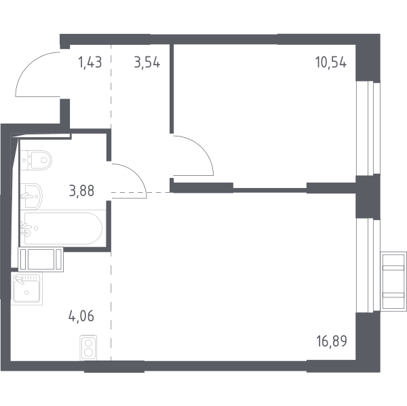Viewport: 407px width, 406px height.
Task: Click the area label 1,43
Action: point(90,62)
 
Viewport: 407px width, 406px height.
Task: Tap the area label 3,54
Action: point(147,62)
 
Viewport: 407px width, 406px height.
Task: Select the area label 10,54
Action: point(331,62)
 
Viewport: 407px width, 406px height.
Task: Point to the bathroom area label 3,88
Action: point(81,191)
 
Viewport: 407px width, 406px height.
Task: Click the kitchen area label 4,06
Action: point(81,316)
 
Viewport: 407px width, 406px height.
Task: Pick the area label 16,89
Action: point(332,341)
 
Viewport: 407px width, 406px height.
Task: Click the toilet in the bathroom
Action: point(36,160)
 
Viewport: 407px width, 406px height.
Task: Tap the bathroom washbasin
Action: point(31,196)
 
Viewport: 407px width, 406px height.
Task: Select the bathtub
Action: point(63,229)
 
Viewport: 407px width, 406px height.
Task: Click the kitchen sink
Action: point(26,289)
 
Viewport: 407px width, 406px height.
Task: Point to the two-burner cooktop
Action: point(88,348)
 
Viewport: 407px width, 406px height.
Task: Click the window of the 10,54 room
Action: point(368,128)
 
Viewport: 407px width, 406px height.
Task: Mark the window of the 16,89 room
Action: point(368,265)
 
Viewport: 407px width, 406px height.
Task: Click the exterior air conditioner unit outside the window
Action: point(393,281)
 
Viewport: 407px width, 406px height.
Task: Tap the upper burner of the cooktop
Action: point(88,343)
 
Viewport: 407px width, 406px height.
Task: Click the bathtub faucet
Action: point(26,229)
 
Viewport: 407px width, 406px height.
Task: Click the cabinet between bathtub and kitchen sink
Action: point(41,259)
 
